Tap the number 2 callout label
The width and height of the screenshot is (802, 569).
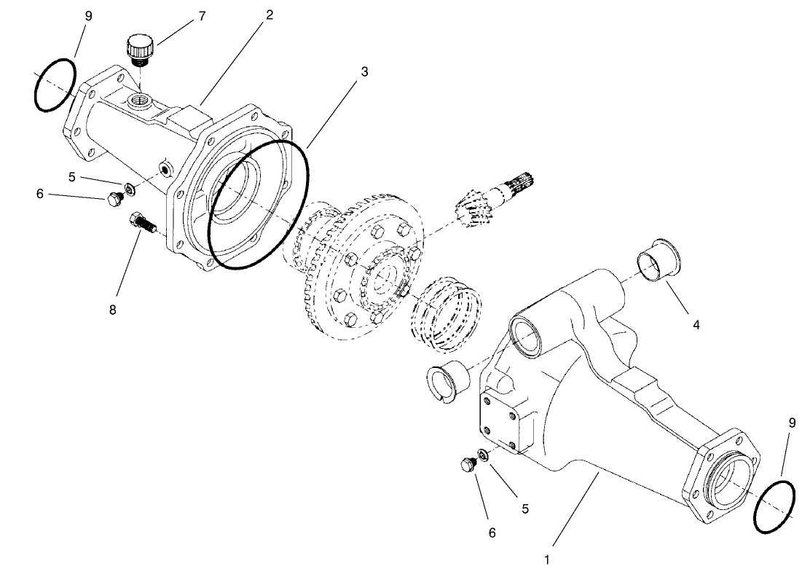coord(269,15)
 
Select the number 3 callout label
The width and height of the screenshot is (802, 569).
coord(364,71)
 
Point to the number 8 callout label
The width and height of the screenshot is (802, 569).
coord(113,310)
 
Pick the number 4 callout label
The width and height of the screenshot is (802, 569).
coord(696,325)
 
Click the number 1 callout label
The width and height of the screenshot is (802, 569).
coord(546,560)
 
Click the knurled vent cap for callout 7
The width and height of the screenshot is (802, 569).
coord(138,50)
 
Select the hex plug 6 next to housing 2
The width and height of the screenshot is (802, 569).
coord(113,199)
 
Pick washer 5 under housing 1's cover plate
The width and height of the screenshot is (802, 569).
coord(482,458)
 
